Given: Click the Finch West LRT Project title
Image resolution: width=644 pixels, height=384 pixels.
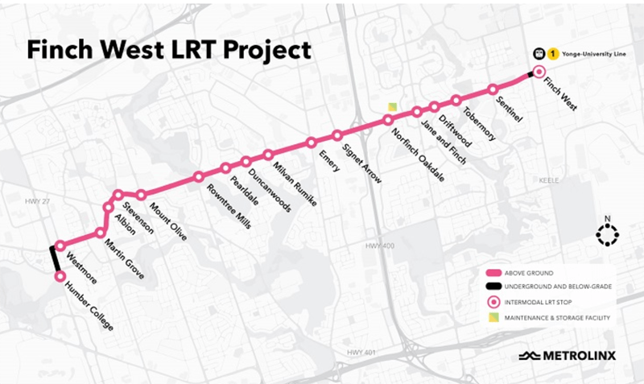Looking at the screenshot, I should pyautogui.click(x=168, y=51).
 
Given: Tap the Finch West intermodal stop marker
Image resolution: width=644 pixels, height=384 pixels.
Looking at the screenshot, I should pyautogui.click(x=539, y=72).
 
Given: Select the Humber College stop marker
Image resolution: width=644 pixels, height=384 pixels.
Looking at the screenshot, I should pyautogui.click(x=60, y=276).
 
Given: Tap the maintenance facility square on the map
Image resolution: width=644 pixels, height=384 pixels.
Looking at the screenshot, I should pyautogui.click(x=392, y=107).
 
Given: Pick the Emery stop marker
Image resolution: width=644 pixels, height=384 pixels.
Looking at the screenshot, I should pyautogui.click(x=311, y=143).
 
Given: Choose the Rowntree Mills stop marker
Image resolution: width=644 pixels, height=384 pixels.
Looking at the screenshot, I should pyautogui.click(x=198, y=176).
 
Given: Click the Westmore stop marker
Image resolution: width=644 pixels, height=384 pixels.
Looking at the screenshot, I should pyautogui.click(x=60, y=247).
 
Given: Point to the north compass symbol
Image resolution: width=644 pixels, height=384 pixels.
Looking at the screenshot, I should pyautogui.click(x=606, y=234).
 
